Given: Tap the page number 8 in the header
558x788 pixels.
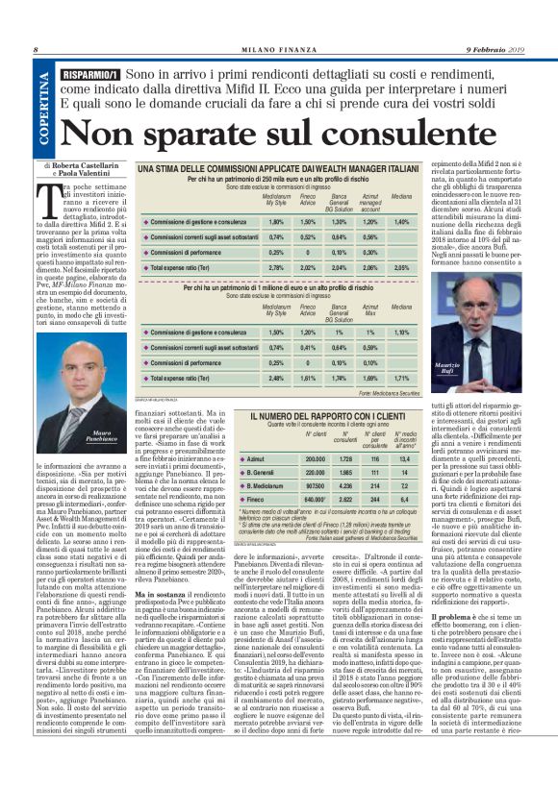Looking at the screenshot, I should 36,50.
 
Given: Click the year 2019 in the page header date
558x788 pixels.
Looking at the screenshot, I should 535,50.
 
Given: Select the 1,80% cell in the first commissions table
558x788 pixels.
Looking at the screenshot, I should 249,221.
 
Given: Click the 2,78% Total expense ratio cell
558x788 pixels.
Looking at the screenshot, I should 249,267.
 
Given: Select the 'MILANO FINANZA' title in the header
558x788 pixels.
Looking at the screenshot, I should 278,50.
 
